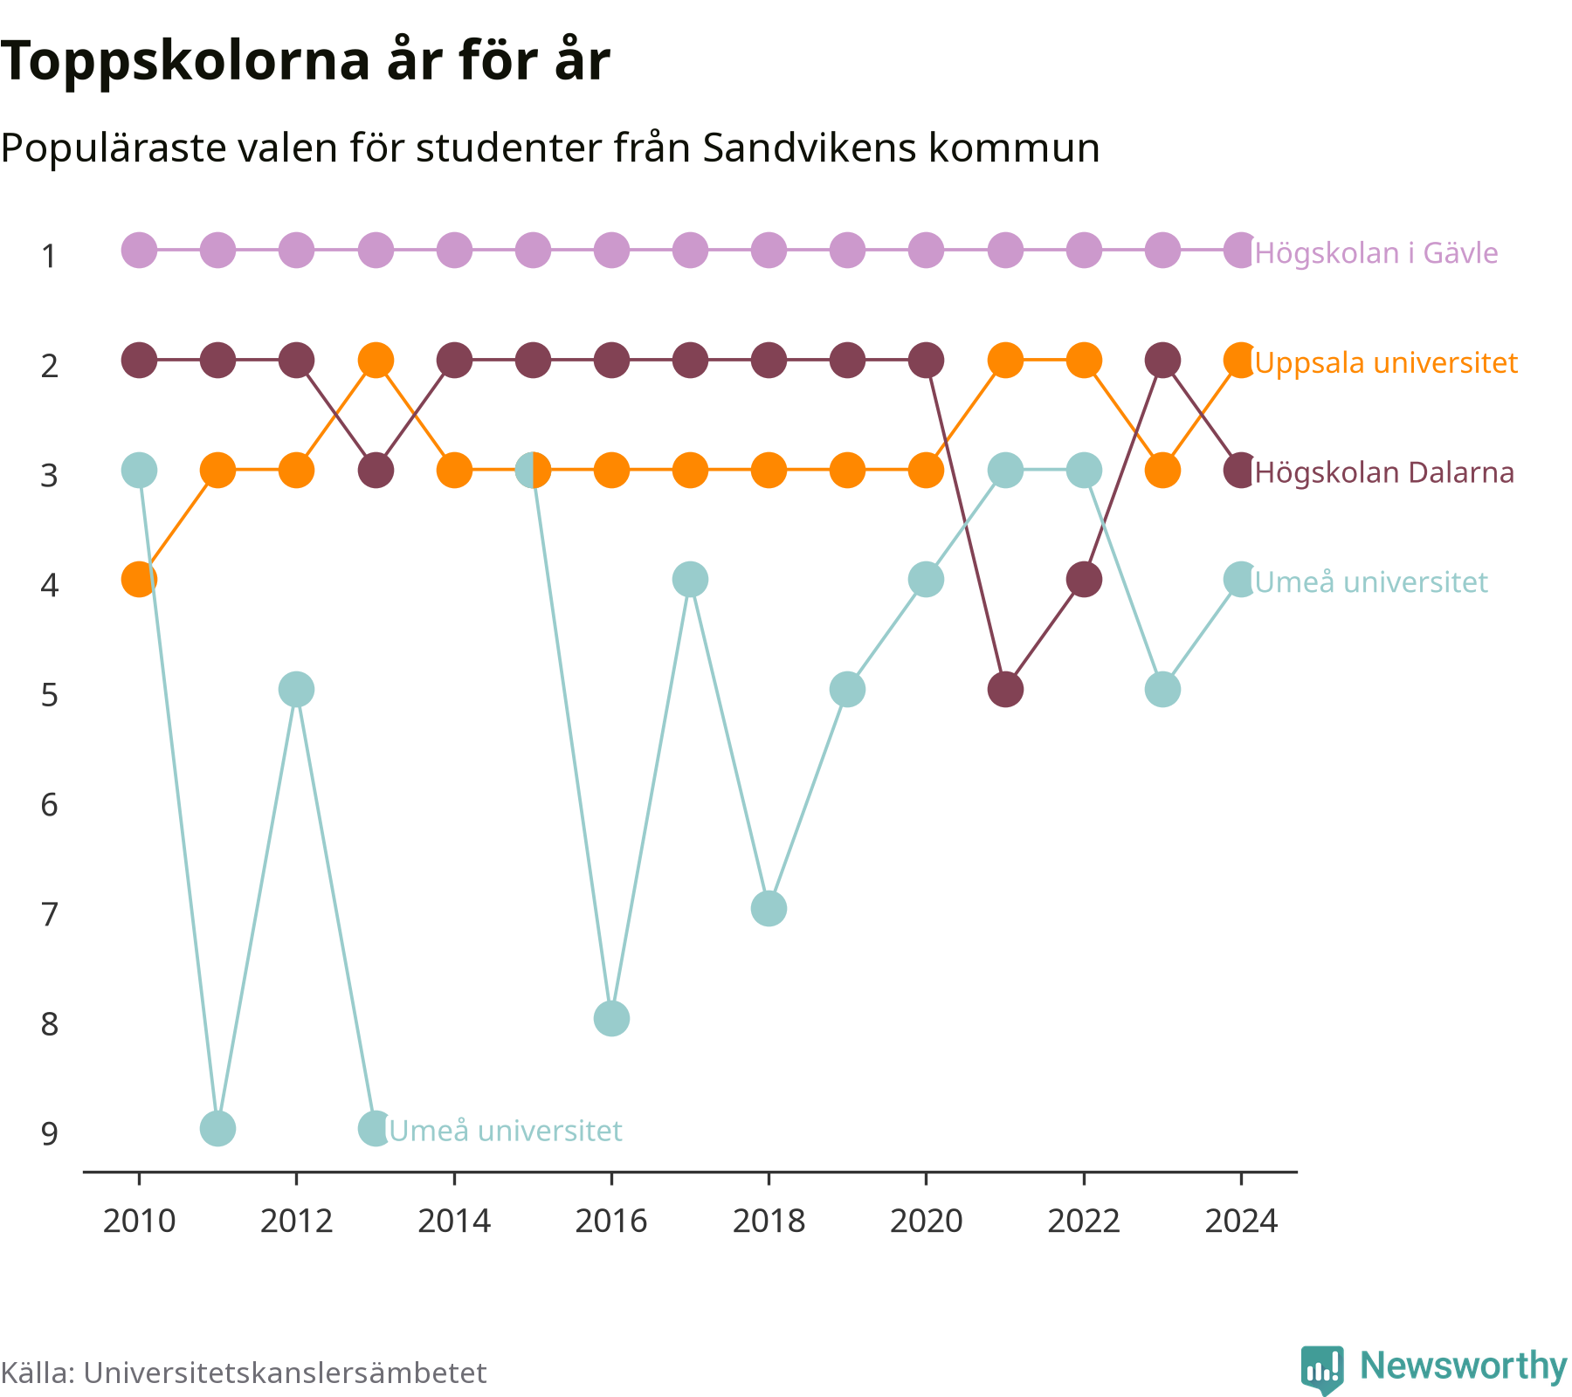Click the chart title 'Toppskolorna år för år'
305,63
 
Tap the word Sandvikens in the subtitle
809,148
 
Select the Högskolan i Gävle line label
1376,253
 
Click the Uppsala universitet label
1386,363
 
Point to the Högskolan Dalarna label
1384,472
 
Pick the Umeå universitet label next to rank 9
506,1131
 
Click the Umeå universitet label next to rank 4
1371,582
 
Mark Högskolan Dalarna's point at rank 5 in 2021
1005,690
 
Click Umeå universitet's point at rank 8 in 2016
611,1018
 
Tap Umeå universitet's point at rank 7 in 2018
769,909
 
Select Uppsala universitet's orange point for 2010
139,579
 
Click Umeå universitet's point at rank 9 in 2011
217,1128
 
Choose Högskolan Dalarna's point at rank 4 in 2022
1084,579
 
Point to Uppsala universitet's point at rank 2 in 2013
376,360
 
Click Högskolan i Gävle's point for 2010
139,251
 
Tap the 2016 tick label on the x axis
611,1221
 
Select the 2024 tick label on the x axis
1241,1221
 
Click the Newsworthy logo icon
1322,1369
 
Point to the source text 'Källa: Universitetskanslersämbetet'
244,1373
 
